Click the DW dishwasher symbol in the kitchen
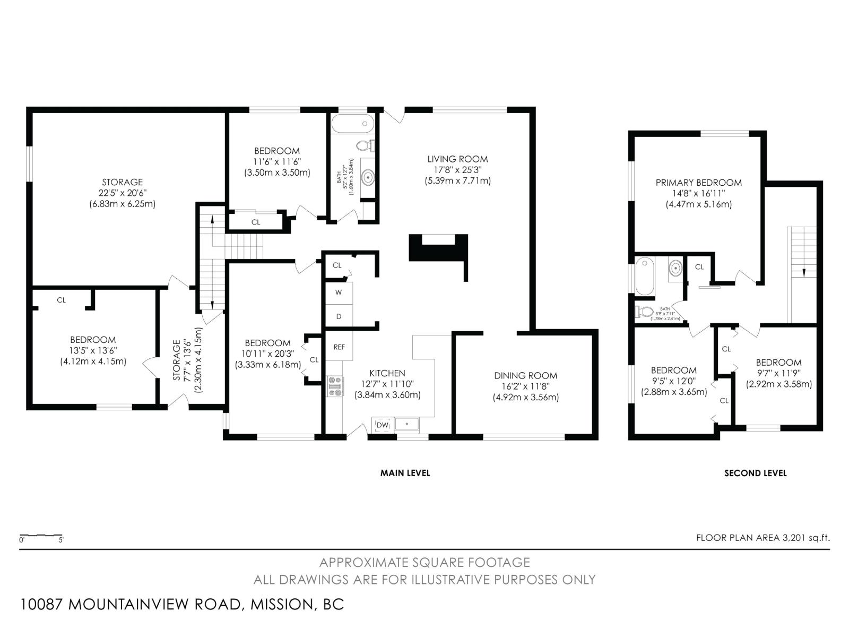click(x=383, y=425)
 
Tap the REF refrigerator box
click(x=339, y=347)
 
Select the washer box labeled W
click(x=339, y=292)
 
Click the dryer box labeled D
click(x=339, y=316)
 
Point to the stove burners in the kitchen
click(x=335, y=386)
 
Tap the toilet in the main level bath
click(x=365, y=145)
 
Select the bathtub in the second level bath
click(x=645, y=276)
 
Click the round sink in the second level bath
click(x=675, y=268)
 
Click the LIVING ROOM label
click(x=457, y=159)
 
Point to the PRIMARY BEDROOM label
click(x=698, y=182)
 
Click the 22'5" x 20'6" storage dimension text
click(x=122, y=193)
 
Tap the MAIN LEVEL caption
click(x=405, y=473)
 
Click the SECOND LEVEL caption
click(x=755, y=473)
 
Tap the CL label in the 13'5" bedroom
click(x=61, y=300)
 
